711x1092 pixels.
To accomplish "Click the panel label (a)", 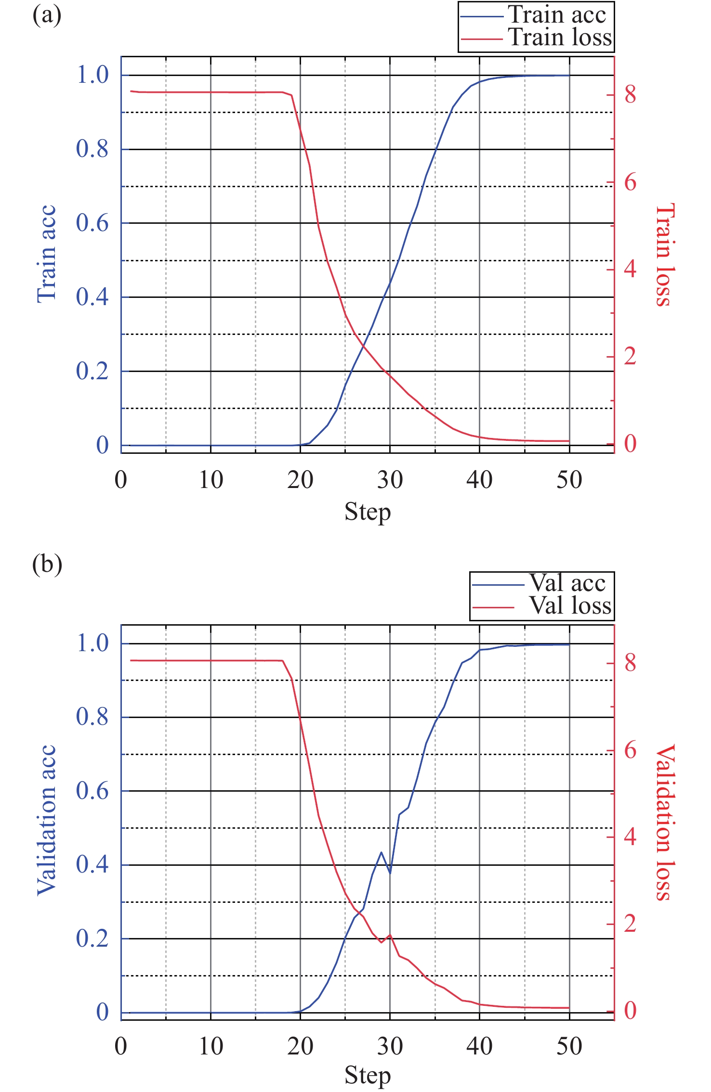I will (47, 15).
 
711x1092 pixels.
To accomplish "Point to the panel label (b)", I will (47, 564).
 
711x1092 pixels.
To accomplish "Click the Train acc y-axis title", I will (47, 254).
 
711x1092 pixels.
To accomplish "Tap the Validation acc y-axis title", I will (47, 820).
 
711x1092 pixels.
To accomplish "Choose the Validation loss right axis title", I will (665, 822).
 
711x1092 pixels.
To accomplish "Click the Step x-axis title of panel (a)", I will (368, 512).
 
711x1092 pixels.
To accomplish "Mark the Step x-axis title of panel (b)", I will (368, 1076).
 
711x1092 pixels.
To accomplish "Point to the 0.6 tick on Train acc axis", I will (92, 223).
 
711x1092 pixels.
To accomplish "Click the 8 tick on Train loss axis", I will (630, 95).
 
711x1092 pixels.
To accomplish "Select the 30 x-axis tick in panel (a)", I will (390, 480).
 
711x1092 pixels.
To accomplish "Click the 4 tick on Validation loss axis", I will (630, 837).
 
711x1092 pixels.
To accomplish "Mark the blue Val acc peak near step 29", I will (381, 852).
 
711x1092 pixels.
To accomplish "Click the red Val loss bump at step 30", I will (390, 935).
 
